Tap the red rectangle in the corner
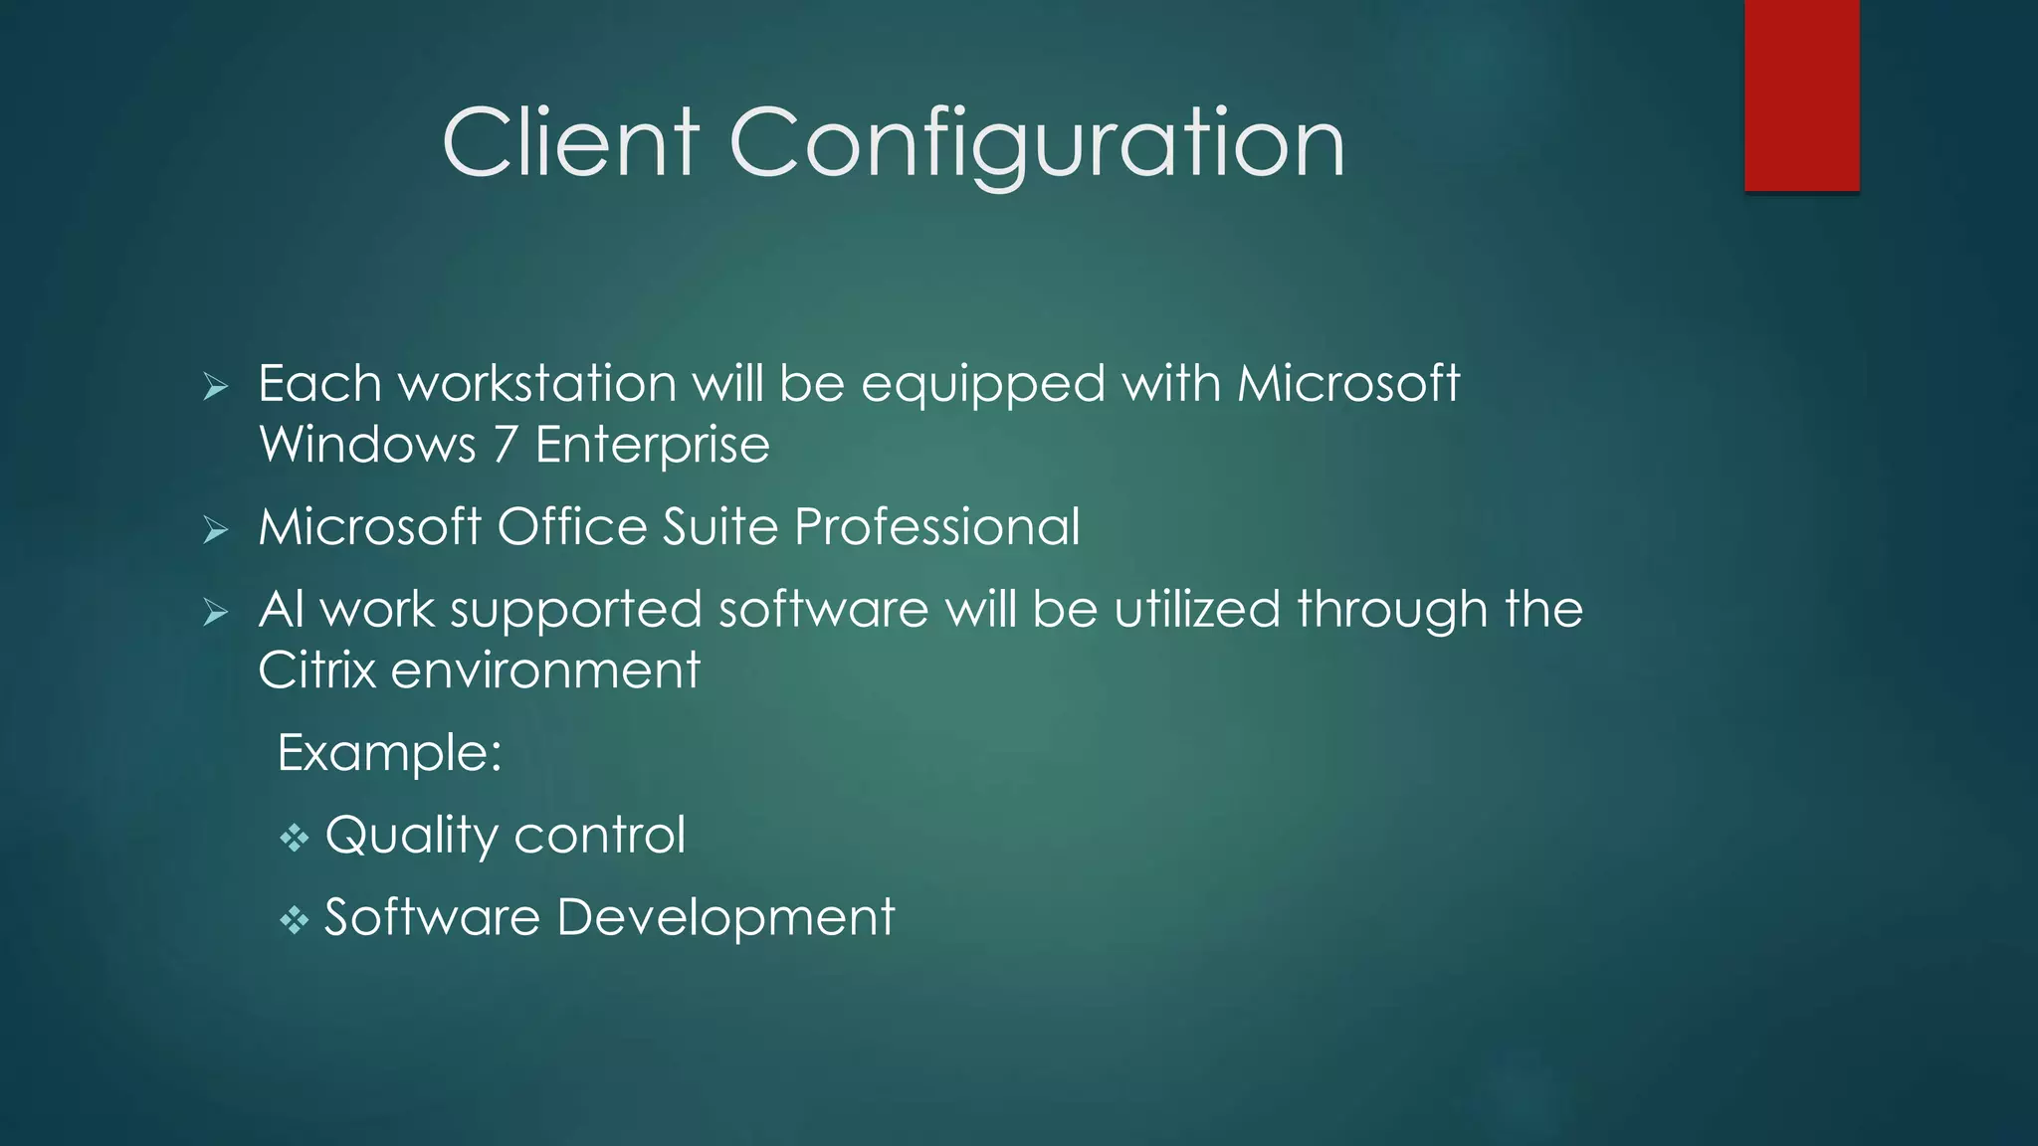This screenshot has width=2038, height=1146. click(x=1801, y=95)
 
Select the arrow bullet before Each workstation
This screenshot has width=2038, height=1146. click(x=215, y=386)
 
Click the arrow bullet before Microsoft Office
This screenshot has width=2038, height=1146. click(x=215, y=529)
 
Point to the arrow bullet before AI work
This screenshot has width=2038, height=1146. click(x=215, y=612)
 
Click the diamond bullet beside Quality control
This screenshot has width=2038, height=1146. click(x=294, y=838)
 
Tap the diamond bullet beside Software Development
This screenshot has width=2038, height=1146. click(x=294, y=920)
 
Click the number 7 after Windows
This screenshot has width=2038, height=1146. click(x=506, y=445)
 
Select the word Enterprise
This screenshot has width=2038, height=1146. click(x=652, y=445)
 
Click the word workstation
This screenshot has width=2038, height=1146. click(x=537, y=384)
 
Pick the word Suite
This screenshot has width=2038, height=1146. click(x=719, y=526)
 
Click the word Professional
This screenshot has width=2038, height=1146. click(x=936, y=526)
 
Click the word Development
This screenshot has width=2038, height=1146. click(x=725, y=918)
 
